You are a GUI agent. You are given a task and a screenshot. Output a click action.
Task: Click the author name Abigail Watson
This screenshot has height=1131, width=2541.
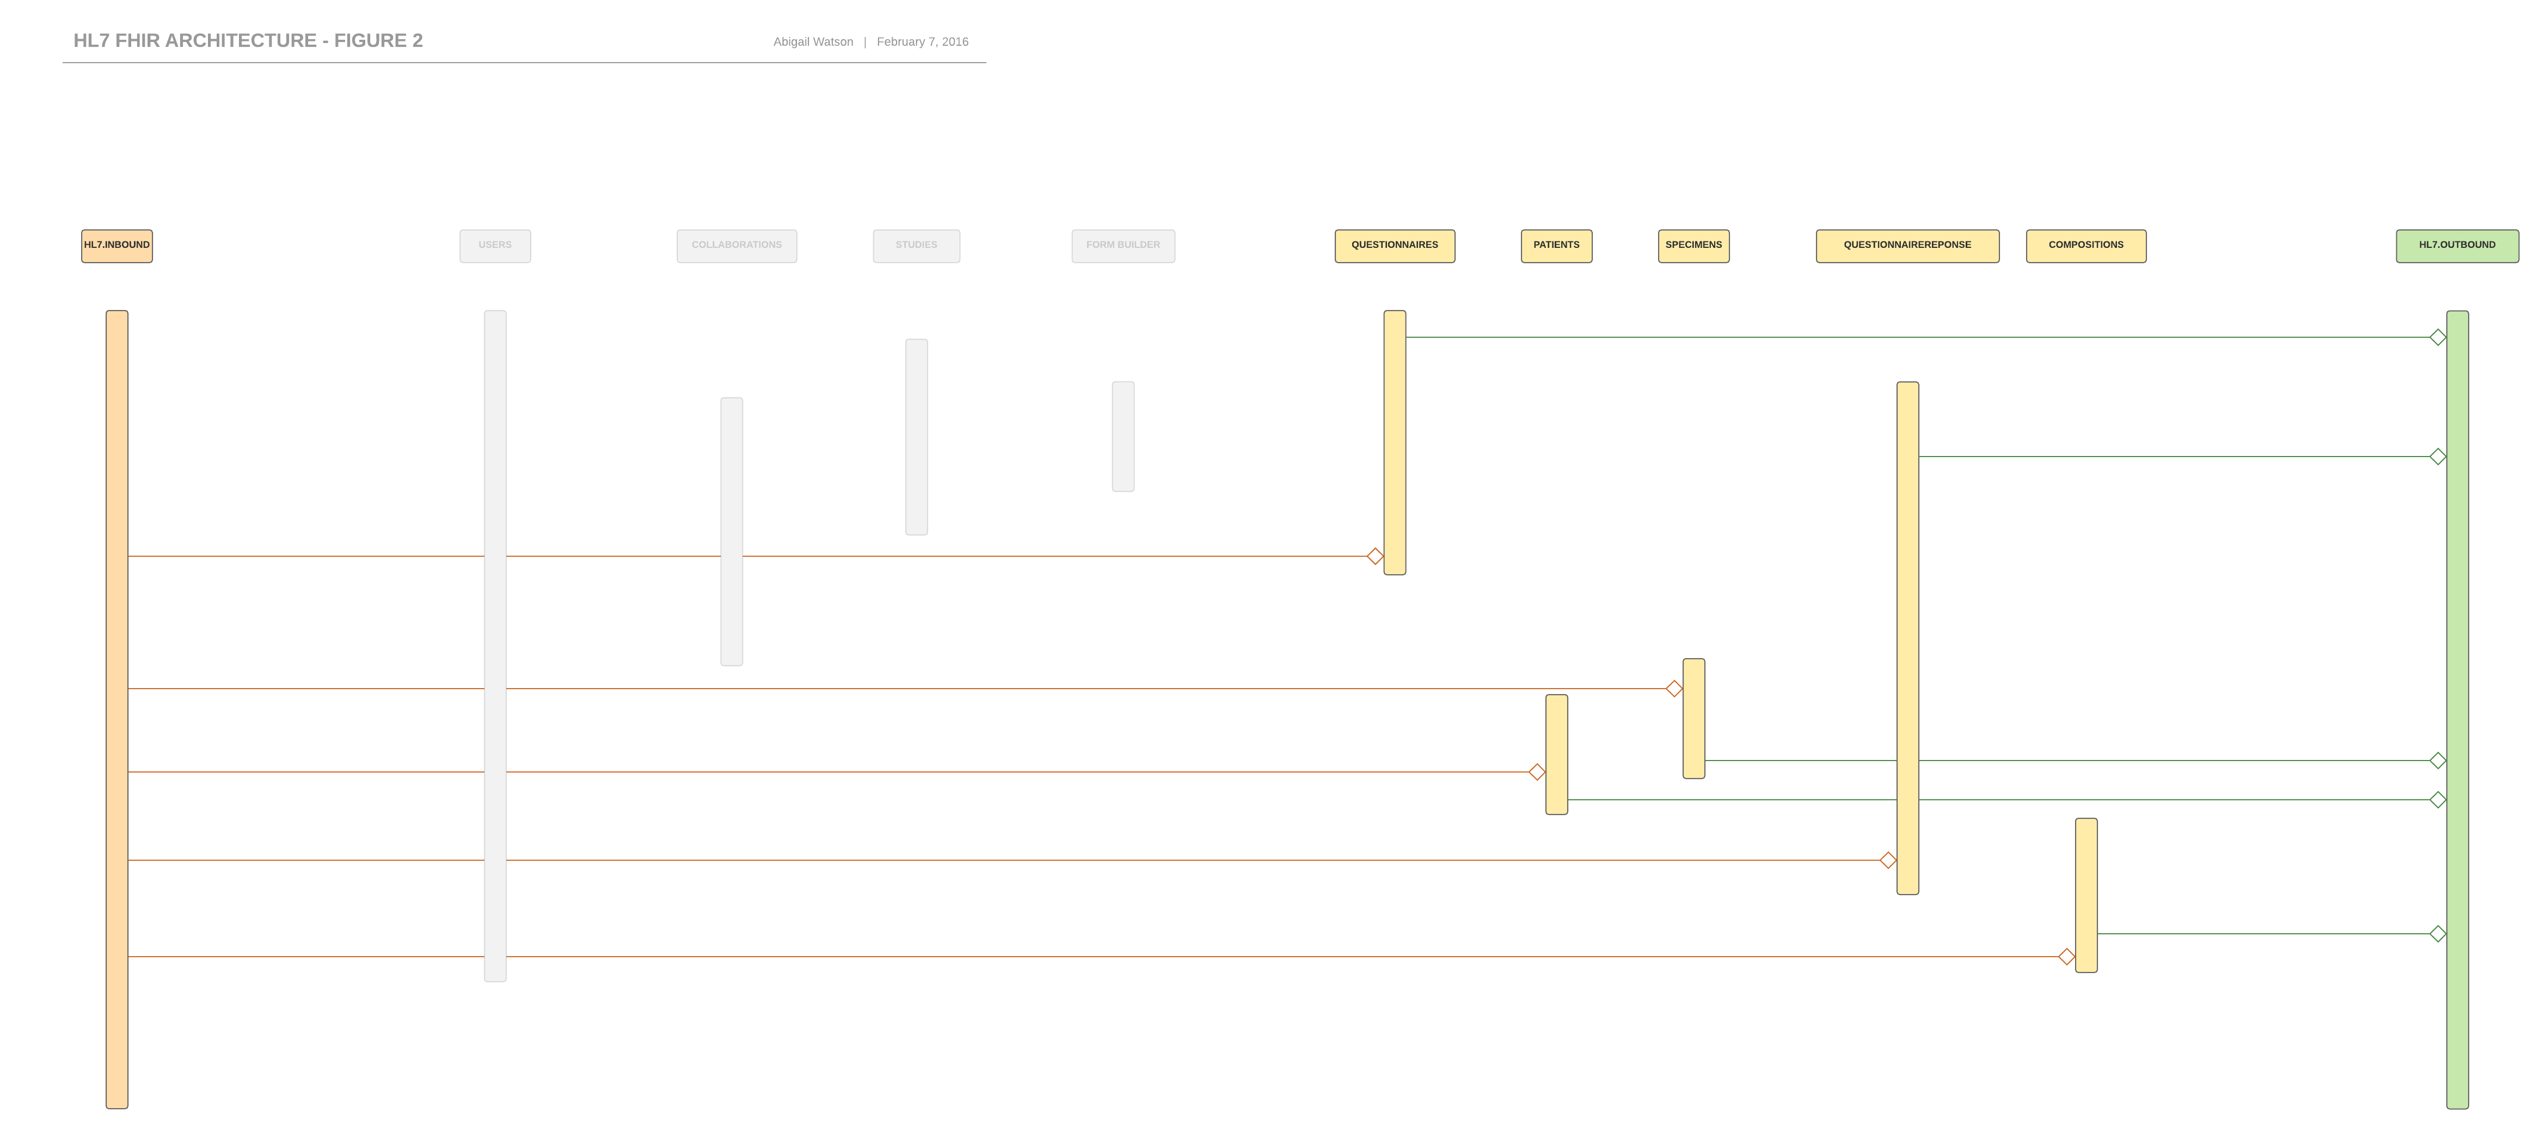pos(813,41)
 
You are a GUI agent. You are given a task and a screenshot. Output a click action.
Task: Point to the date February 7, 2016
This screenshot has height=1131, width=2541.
pos(922,41)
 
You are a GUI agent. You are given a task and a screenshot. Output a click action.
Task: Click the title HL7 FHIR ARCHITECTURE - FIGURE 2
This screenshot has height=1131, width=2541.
pos(248,40)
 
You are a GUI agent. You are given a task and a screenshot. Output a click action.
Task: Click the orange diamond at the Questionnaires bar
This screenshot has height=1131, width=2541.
pos(1375,557)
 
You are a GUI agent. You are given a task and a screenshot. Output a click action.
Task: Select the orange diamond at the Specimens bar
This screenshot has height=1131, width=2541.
pos(1674,689)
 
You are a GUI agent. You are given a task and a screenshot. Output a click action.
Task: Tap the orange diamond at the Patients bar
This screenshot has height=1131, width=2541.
pos(1537,772)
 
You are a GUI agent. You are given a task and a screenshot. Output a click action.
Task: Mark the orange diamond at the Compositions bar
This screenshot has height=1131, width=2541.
pos(2066,956)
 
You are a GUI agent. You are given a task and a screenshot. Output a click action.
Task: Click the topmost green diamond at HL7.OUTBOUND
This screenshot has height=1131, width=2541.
pos(2438,338)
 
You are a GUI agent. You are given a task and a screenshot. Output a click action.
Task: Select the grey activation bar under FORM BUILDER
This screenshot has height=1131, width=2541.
pos(1122,436)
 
